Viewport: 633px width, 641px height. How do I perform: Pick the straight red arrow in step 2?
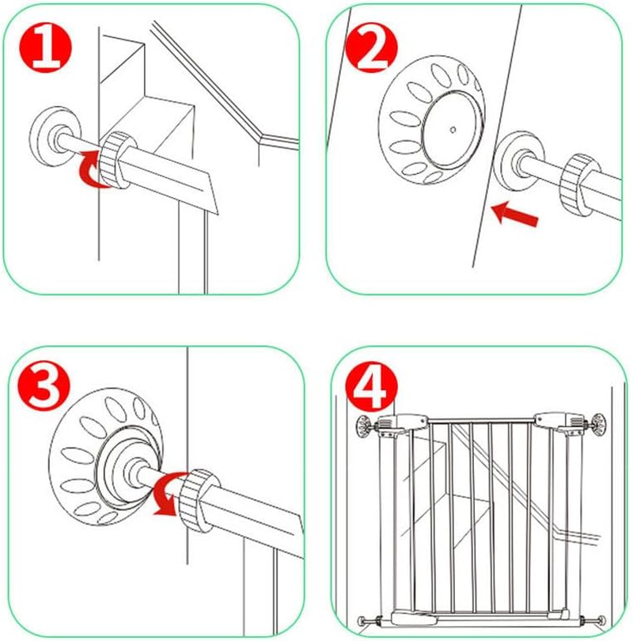point(517,212)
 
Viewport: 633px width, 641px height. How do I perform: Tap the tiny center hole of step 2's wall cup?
point(452,128)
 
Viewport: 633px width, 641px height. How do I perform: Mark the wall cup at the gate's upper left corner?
point(364,425)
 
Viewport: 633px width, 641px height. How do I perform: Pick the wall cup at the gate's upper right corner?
point(599,423)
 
